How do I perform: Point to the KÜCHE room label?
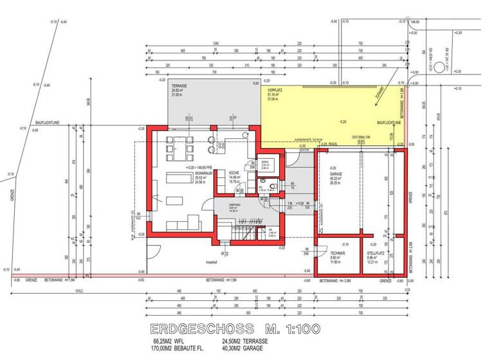(234, 174)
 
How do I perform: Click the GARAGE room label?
(336, 174)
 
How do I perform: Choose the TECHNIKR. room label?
(330, 254)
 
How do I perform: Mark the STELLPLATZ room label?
(374, 254)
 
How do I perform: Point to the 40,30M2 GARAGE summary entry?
(244, 349)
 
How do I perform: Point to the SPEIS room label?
(264, 162)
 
